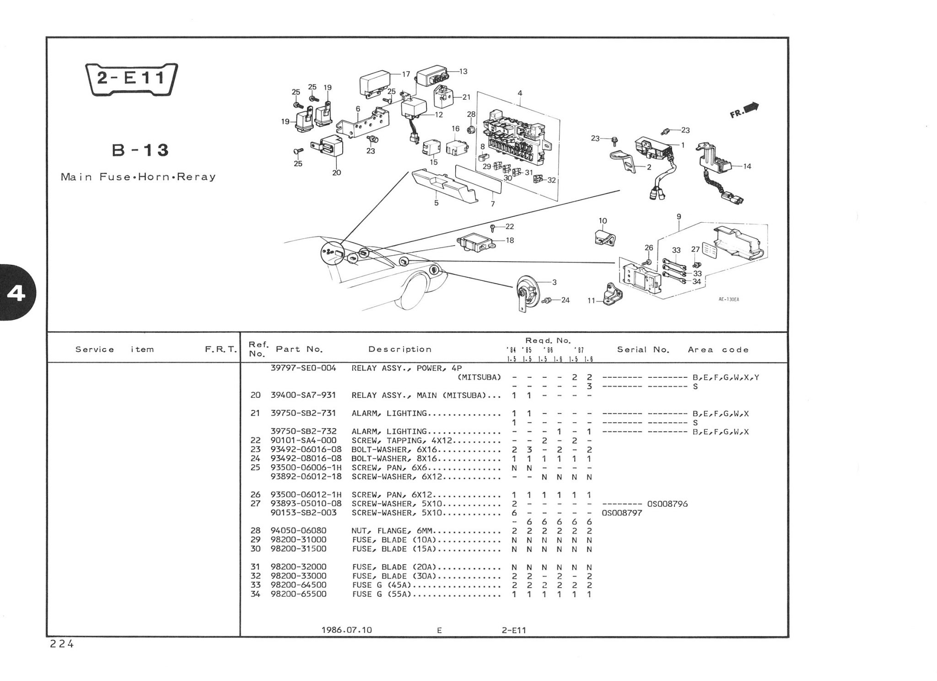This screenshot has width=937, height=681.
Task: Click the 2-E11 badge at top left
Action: point(132,78)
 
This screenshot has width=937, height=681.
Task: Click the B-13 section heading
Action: point(141,150)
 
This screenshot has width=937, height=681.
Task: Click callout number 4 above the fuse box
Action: point(520,93)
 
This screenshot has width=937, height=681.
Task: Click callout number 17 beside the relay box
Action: point(406,74)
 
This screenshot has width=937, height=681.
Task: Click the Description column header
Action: point(400,349)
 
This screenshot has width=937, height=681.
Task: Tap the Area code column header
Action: point(718,350)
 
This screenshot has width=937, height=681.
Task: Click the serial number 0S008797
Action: point(622,513)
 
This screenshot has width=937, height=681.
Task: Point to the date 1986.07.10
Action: point(347,630)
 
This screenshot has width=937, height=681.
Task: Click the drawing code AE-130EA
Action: point(729,300)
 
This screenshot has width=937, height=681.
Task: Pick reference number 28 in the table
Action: point(255,531)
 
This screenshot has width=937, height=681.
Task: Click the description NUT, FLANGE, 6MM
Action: point(393,531)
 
